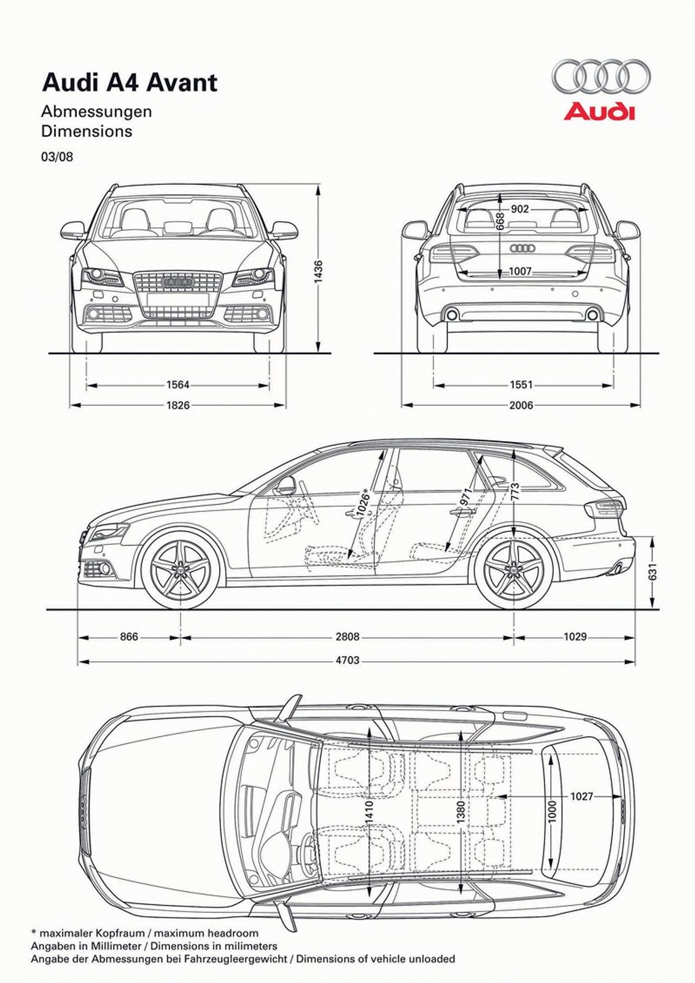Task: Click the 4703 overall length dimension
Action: tap(347, 660)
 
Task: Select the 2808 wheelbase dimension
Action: tap(347, 637)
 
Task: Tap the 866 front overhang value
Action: tap(129, 637)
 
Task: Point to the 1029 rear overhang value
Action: tap(575, 637)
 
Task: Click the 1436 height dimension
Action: tap(318, 272)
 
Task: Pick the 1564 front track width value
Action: tap(178, 385)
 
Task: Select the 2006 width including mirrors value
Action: tap(521, 405)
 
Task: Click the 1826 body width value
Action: tap(178, 405)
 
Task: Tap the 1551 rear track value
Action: tap(521, 385)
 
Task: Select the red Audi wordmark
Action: tap(599, 112)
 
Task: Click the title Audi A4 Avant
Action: tap(129, 82)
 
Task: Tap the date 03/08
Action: tap(57, 157)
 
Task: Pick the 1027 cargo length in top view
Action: tap(581, 796)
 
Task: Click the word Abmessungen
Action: tap(96, 112)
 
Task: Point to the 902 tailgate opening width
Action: tap(519, 209)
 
